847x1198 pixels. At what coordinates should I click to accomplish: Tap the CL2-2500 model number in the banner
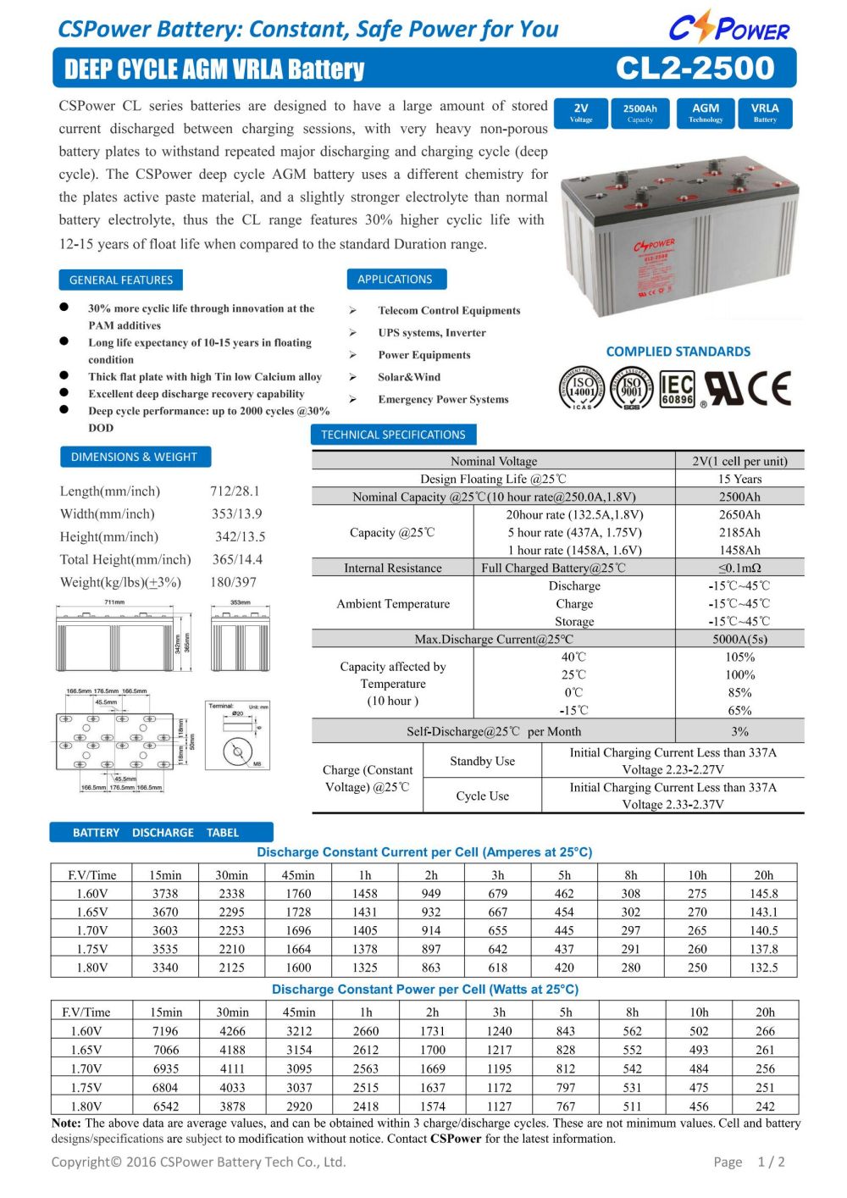pos(695,68)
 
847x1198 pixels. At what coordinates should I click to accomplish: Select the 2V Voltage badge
pos(581,113)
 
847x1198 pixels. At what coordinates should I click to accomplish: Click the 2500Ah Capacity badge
pos(640,113)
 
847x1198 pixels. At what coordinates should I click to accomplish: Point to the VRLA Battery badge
pos(765,113)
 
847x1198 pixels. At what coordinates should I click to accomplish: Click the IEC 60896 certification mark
pos(677,390)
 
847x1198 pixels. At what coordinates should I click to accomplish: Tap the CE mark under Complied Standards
pos(771,389)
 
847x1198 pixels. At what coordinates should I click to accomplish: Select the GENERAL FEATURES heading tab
pos(120,280)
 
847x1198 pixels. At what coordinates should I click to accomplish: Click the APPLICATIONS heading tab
pos(395,279)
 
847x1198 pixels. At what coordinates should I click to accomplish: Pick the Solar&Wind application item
pos(409,377)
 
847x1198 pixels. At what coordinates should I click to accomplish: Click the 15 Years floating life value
pos(739,479)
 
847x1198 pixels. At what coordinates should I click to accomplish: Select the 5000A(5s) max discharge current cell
pos(739,639)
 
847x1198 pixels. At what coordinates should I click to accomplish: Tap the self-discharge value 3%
pos(739,731)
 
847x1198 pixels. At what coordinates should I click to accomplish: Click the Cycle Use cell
pos(482,796)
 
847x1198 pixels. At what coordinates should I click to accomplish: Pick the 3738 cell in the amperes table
pos(165,893)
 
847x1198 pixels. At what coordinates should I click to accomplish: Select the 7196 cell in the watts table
pos(165,1031)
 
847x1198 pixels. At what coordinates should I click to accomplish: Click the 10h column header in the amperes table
pos(697,875)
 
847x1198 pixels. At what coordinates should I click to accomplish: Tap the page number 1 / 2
pos(771,1162)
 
